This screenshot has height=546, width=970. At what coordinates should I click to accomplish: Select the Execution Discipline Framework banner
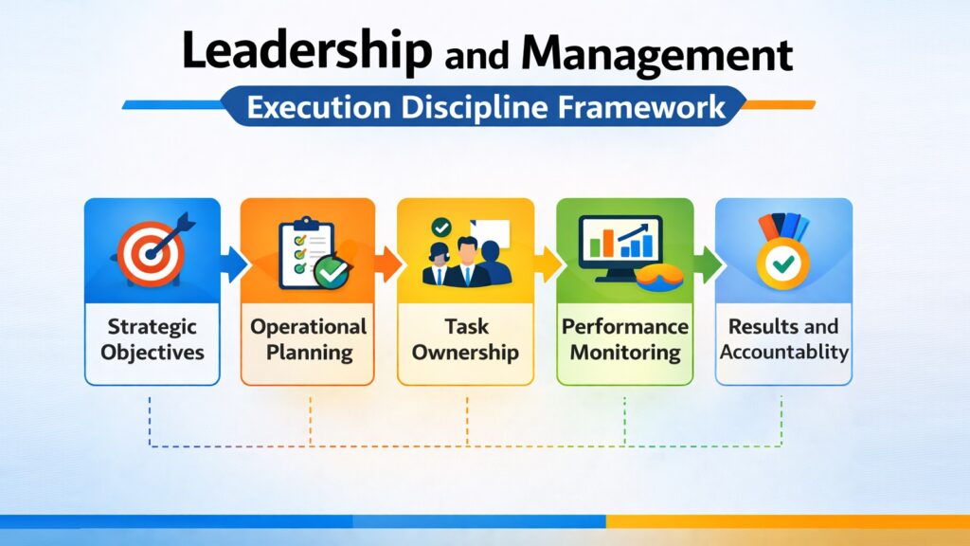tap(485, 105)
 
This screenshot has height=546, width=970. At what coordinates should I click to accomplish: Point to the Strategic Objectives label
tap(152, 339)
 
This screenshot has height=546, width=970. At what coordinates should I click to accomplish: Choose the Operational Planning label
tap(309, 339)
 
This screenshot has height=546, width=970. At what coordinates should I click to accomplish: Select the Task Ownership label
tap(466, 339)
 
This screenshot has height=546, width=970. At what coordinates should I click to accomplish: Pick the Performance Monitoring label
tap(624, 339)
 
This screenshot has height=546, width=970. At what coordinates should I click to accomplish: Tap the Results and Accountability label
tap(783, 339)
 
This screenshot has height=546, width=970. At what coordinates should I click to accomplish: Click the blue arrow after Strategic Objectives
tap(231, 262)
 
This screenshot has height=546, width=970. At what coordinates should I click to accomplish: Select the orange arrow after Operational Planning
tap(387, 262)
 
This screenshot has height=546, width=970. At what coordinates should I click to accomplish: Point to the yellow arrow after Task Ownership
tap(547, 262)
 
